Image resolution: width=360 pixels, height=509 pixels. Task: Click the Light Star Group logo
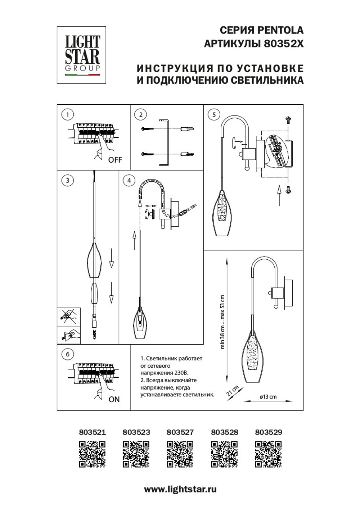(81, 55)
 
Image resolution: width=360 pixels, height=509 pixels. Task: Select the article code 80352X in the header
(284, 44)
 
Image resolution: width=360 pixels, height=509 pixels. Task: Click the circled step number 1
(68, 114)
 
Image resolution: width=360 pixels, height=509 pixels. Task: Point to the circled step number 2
(141, 114)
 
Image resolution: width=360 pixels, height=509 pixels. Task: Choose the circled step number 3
(68, 180)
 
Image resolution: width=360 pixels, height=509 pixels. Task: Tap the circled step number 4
(129, 180)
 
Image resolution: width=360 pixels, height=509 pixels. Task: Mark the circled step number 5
(214, 114)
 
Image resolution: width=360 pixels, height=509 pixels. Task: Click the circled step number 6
(68, 354)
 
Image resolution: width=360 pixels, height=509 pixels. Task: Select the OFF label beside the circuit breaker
(115, 160)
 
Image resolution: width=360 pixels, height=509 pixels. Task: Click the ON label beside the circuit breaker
(114, 399)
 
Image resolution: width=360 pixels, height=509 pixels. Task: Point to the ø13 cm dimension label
(268, 397)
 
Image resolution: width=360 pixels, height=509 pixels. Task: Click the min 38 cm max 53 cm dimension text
(222, 322)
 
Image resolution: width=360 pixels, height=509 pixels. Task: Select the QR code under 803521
(92, 454)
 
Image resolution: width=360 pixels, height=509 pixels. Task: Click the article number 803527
(180, 432)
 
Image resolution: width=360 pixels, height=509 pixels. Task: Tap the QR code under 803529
(268, 454)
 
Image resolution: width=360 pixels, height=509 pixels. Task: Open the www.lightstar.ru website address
(180, 489)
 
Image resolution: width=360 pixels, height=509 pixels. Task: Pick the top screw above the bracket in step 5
(288, 119)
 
